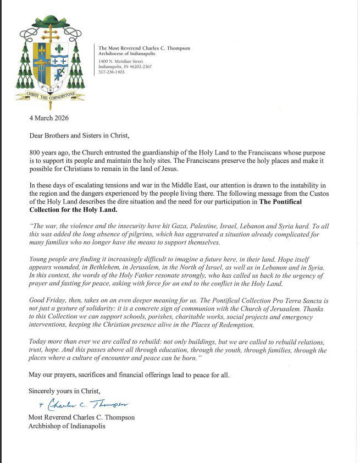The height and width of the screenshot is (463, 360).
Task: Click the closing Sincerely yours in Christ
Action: click(65, 391)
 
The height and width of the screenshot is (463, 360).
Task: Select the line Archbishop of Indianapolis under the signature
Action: click(67, 426)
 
